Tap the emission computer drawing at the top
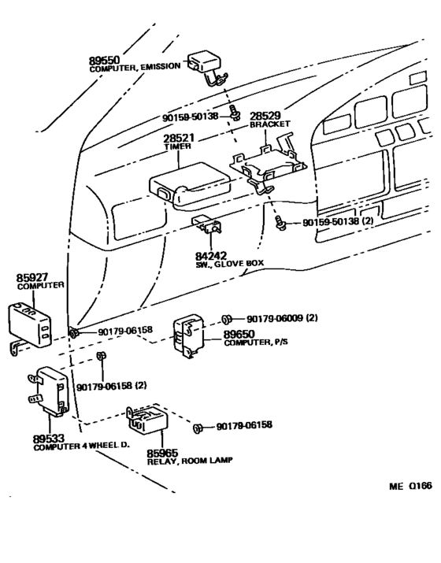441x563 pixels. click(204, 63)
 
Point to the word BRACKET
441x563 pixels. click(270, 124)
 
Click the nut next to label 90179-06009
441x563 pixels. click(226, 319)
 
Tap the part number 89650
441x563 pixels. click(241, 333)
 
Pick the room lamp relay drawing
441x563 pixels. click(146, 426)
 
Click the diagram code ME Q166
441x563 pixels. click(410, 486)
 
